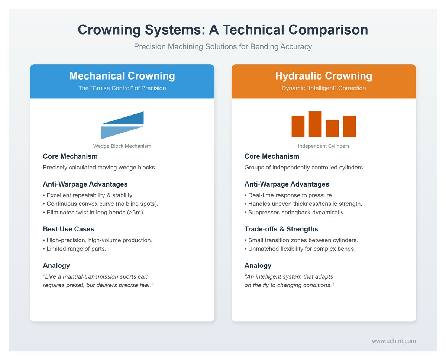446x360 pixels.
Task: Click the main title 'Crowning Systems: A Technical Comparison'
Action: point(223,30)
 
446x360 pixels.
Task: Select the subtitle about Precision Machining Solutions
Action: point(223,47)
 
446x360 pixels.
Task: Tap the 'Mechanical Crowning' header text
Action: point(122,76)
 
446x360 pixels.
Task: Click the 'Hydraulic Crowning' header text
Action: point(323,76)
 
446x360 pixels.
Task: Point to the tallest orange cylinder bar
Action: point(315,124)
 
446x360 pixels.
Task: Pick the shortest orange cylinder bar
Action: point(332,129)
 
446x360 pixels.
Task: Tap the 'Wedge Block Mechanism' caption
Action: point(122,146)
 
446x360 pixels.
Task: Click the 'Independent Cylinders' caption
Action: point(323,146)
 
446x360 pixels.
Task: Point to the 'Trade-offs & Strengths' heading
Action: point(281,229)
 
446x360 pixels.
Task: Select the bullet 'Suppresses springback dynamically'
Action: point(294,213)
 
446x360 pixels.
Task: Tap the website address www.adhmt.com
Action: point(394,341)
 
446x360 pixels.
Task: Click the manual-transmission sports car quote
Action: point(98,281)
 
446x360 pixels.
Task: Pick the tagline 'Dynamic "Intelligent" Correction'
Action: point(323,88)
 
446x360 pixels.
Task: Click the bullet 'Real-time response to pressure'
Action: point(290,195)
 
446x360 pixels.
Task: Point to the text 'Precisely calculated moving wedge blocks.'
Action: point(100,167)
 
